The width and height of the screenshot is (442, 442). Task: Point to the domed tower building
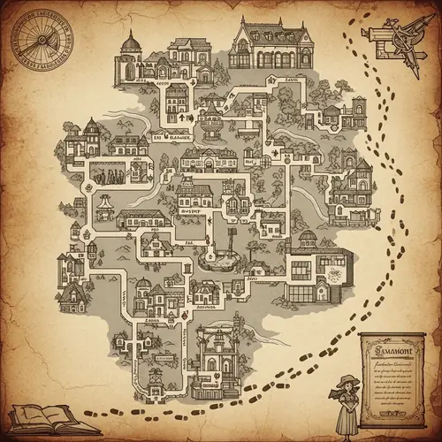click(130, 55)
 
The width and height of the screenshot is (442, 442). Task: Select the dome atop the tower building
click(130, 41)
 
